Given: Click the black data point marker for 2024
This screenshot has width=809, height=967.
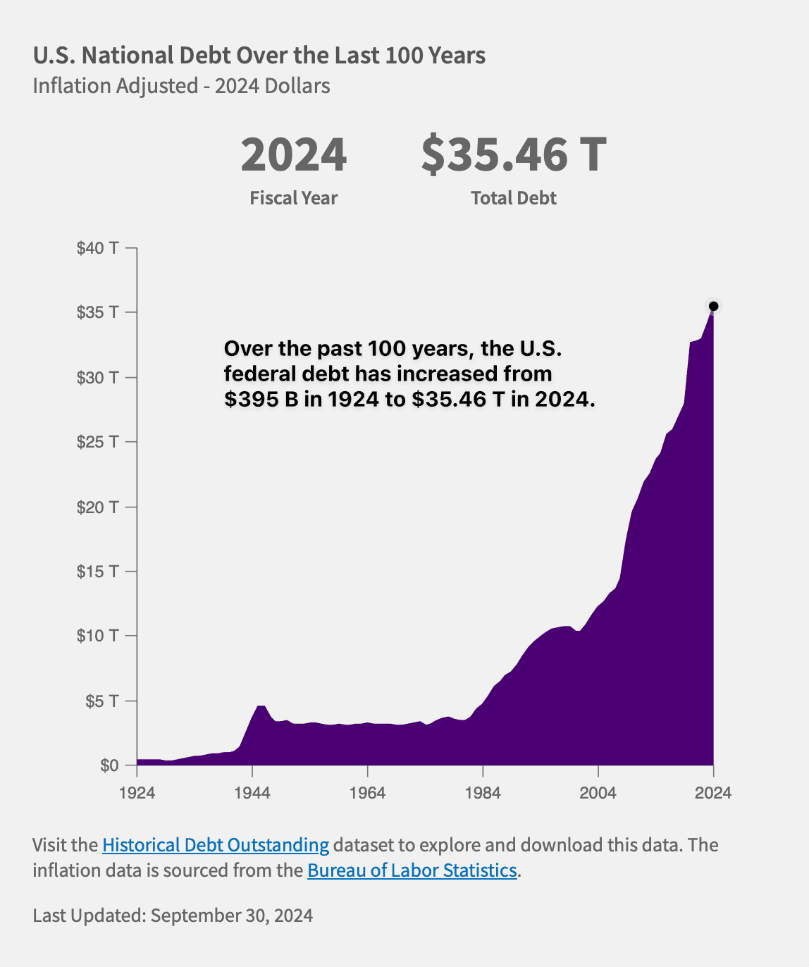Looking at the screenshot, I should coord(713,306).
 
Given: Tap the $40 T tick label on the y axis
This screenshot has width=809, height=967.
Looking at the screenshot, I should coord(98,248).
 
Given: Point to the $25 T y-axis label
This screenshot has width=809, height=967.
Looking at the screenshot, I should coord(98,442).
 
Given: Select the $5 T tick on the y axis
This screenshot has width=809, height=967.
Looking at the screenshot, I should coord(101,701).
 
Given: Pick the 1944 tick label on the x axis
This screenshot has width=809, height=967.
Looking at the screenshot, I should coord(252,793).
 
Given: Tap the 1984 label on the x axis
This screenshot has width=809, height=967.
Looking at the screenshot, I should coord(483,793).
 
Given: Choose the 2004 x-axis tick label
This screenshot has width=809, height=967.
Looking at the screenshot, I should coord(598,793).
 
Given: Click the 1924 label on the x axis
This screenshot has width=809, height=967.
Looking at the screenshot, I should coord(137,793).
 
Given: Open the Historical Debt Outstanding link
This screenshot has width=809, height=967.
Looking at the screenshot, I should coord(216,845).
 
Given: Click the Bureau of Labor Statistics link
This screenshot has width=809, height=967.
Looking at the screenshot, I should coord(412,870).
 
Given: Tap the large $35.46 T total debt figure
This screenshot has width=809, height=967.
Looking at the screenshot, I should coord(514,155).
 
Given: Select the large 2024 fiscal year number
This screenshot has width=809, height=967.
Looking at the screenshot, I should coord(294,155).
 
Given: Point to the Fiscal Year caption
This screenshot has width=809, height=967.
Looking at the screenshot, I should coord(294,198).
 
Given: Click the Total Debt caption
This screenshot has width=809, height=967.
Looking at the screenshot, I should coord(514,198).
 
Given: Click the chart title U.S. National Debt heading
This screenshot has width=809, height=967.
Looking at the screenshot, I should coord(259,55).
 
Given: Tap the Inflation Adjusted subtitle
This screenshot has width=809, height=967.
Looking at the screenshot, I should coord(182,86).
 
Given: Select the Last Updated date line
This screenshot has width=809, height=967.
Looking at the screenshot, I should coord(173,916).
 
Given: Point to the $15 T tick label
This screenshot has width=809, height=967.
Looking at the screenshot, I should coord(98,571).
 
